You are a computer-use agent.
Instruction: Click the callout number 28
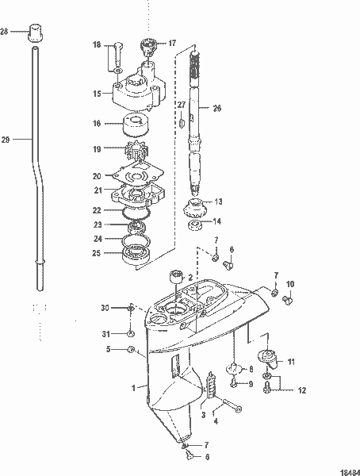[5, 32]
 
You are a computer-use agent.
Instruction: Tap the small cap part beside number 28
[34, 33]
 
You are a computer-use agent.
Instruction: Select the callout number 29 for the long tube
[6, 140]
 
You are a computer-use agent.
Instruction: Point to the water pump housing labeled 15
[140, 96]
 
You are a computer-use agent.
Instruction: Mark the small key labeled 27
[182, 123]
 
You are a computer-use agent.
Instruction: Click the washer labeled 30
[131, 308]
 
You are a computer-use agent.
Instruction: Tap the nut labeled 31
[130, 334]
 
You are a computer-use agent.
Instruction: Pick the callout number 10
[290, 283]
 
